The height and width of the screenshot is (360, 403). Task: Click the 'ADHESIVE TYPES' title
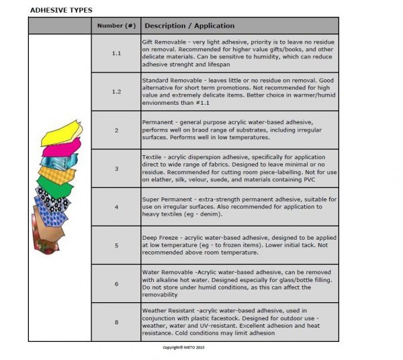click(x=61, y=10)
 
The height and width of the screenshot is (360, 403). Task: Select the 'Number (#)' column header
click(x=116, y=26)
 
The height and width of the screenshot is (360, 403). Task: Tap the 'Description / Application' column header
click(x=189, y=26)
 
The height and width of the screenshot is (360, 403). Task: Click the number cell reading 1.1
click(x=116, y=52)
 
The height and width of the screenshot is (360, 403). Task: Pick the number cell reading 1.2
click(x=116, y=91)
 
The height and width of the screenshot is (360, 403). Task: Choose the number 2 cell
click(x=116, y=130)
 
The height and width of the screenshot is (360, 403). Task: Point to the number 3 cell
click(x=116, y=168)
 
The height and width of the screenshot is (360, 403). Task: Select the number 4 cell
click(x=116, y=207)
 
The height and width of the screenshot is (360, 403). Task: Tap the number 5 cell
click(x=116, y=245)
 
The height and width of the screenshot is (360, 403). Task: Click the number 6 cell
click(x=116, y=283)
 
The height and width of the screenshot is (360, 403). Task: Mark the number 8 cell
click(x=116, y=322)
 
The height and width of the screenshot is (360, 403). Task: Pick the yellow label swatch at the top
click(x=60, y=134)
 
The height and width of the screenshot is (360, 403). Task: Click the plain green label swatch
click(x=55, y=183)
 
